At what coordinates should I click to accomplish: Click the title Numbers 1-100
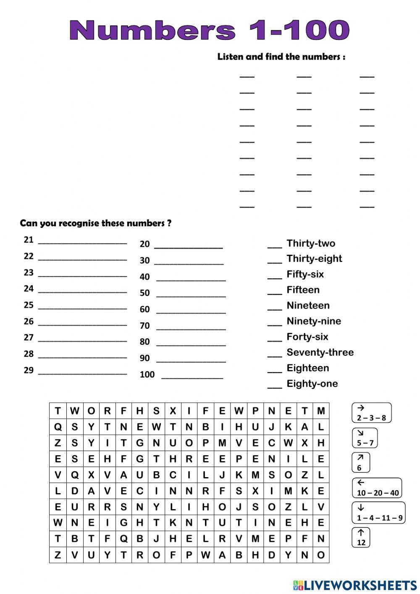[x=209, y=30]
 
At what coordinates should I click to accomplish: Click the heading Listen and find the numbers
[x=281, y=57]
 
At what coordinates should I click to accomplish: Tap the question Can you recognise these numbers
[x=95, y=223]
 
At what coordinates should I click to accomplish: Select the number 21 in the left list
[x=29, y=240]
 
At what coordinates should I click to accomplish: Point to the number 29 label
[x=29, y=370]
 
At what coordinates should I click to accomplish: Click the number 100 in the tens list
[x=147, y=374]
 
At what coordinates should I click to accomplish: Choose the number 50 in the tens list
[x=145, y=293]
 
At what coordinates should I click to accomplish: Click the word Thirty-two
[x=311, y=243]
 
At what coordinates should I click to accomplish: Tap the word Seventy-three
[x=320, y=352]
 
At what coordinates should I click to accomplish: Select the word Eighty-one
[x=312, y=383]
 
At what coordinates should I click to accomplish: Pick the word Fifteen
[x=303, y=290]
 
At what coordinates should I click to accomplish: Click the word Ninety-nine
[x=314, y=321]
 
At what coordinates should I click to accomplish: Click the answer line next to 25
[x=82, y=308]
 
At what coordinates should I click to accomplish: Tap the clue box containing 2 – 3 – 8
[x=371, y=413]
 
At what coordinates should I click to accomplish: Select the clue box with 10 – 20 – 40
[x=377, y=488]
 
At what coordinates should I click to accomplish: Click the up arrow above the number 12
[x=361, y=532]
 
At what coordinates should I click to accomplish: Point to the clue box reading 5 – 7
[x=365, y=438]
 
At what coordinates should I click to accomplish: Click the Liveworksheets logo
[x=355, y=584]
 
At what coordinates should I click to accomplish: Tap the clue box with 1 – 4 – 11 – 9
[x=379, y=513]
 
